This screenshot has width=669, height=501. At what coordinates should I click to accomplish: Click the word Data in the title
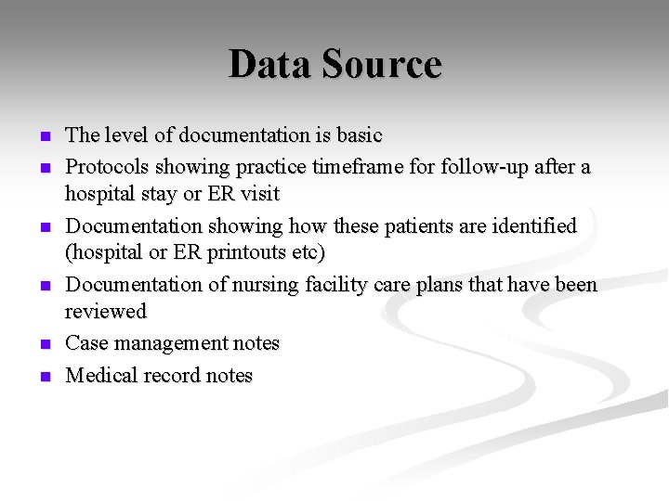269,64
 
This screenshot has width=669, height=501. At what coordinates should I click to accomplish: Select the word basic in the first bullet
359,135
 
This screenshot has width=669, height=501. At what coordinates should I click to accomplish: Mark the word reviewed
106,311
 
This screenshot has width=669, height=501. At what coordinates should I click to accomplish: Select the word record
168,375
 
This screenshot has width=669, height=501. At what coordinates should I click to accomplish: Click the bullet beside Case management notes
45,344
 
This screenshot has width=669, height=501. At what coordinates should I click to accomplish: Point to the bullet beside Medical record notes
45,377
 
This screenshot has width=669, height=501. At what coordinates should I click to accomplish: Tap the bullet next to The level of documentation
45,136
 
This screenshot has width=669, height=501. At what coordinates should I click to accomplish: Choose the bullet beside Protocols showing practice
45,168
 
